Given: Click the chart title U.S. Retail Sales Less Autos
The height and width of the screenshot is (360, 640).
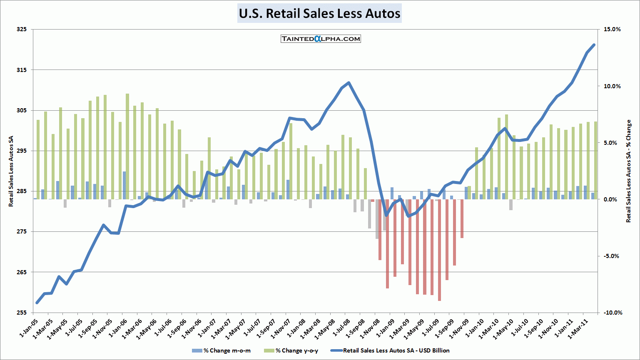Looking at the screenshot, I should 319,13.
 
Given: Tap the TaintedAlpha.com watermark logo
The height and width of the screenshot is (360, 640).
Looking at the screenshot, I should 321,39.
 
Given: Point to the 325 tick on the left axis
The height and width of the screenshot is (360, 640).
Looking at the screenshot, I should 22,30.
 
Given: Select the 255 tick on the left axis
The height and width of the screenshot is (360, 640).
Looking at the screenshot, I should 22,313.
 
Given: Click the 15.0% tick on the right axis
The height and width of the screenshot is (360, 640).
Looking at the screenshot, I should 612,30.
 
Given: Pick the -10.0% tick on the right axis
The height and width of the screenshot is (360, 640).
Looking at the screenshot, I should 612,313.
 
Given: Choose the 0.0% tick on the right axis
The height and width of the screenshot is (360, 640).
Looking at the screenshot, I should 610,199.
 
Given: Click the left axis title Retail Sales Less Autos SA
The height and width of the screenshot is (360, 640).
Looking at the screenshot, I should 11,171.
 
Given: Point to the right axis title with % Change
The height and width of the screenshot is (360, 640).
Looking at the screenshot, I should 629,171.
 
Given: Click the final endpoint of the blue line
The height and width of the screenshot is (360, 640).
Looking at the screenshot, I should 594,45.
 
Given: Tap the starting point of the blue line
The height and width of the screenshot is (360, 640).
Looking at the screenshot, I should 37,303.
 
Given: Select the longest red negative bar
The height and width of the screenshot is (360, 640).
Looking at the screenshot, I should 439,250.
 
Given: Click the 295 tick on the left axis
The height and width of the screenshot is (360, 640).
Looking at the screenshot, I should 22,151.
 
